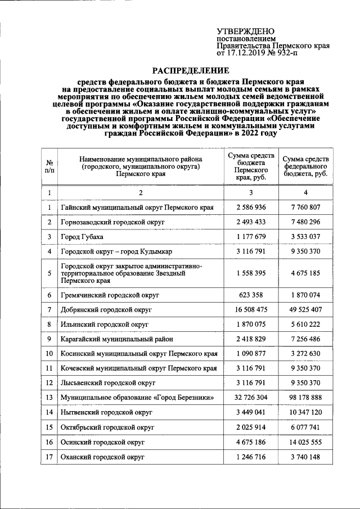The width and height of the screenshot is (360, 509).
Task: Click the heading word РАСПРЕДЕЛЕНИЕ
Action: (x=191, y=71)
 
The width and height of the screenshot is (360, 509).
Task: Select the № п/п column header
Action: (x=49, y=166)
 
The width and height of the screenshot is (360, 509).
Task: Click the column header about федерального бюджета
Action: (x=305, y=167)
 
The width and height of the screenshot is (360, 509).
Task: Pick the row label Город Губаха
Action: (x=82, y=237)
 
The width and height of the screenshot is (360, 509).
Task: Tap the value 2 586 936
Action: (x=250, y=208)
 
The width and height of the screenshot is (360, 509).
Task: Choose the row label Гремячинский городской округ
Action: (x=110, y=295)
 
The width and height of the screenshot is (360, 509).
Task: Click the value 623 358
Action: (x=250, y=295)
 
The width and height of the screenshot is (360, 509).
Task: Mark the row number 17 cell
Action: (x=49, y=457)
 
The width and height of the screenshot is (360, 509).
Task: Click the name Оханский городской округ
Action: (x=103, y=457)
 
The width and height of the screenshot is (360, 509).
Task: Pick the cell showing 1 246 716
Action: (x=250, y=457)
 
